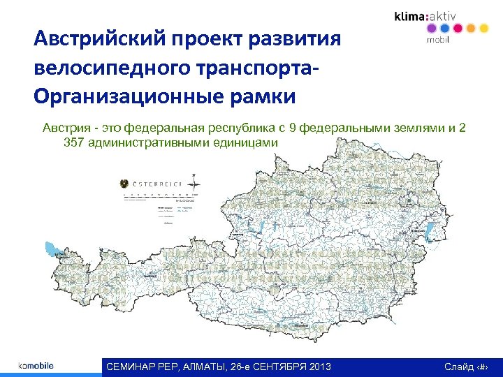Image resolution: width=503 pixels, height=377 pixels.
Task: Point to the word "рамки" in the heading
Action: [x=265, y=95]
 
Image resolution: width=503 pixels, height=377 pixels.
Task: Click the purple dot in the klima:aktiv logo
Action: [x=431, y=29]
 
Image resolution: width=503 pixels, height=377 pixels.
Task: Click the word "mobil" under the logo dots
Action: [x=437, y=40]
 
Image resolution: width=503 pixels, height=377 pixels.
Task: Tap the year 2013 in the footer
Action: [x=317, y=367]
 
